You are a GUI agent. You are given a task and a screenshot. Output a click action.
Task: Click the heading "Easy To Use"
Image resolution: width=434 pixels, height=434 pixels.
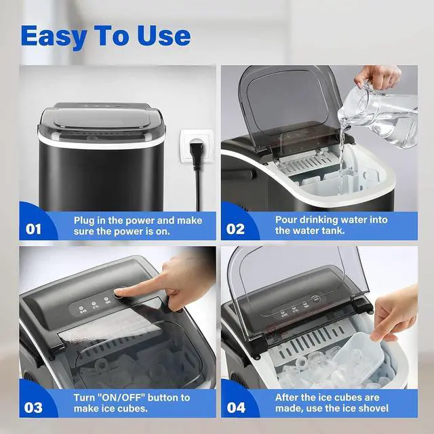105,35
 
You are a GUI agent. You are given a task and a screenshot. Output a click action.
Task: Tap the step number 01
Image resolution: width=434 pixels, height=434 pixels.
33,229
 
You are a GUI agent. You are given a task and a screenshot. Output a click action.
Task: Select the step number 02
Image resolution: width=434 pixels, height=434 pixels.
235,229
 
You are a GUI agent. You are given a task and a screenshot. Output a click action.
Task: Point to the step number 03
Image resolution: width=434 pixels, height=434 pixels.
33,408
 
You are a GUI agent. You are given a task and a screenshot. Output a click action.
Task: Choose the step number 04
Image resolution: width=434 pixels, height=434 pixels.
235,408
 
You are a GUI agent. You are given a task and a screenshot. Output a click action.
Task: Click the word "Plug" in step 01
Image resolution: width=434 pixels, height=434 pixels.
86,220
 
